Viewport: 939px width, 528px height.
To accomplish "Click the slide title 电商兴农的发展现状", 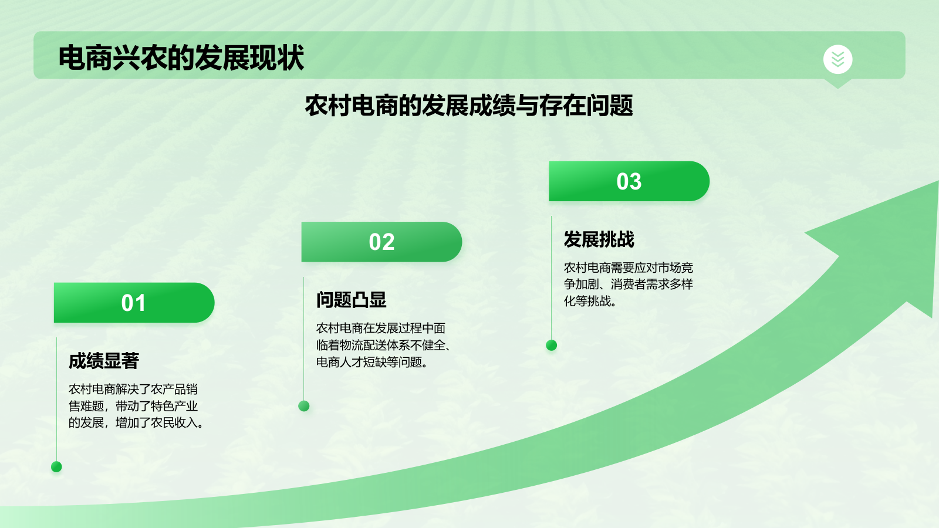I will tap(181, 57).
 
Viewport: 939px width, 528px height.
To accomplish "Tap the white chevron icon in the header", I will tap(837, 59).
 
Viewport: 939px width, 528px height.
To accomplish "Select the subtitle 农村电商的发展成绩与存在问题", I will tap(468, 106).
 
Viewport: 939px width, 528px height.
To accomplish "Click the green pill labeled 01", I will tap(134, 303).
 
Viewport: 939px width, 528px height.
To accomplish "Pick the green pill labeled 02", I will tap(381, 242).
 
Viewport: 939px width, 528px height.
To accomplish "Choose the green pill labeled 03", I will tap(629, 181).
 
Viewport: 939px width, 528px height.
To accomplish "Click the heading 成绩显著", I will tap(104, 361).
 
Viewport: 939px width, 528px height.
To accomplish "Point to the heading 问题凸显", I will tap(351, 300).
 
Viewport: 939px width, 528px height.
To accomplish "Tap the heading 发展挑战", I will tap(599, 239).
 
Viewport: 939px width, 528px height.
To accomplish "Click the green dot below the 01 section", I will tap(56, 466).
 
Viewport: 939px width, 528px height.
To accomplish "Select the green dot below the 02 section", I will tap(304, 406).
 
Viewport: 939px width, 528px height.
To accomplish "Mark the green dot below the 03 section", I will tap(551, 345).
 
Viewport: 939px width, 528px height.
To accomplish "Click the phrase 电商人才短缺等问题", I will tap(369, 363).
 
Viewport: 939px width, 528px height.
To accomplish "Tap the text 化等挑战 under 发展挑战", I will tap(587, 302).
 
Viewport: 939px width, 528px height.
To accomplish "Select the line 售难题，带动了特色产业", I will tap(133, 406).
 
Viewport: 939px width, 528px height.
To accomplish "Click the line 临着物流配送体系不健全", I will tap(380, 346).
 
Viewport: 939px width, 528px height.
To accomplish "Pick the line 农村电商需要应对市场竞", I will tap(628, 268).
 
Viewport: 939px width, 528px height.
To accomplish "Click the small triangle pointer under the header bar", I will tap(837, 83).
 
